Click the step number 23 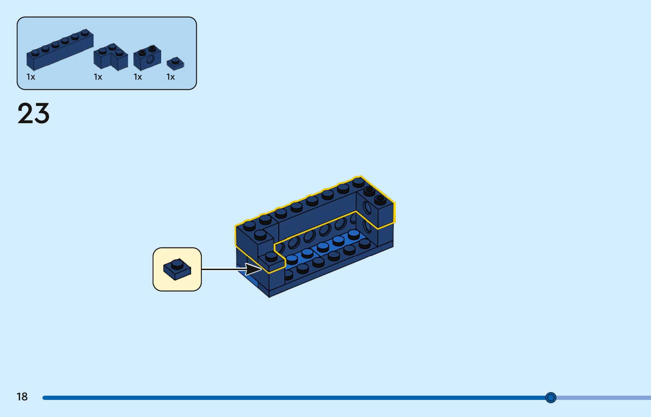[34, 113]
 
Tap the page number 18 [22, 397]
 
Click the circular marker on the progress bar [550, 398]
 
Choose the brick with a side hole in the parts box [147, 58]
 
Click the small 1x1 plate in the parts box [175, 64]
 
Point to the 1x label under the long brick [31, 77]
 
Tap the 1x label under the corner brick [98, 77]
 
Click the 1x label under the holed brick [138, 77]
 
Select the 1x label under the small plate [170, 77]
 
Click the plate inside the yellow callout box [177, 270]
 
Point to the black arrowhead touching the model [253, 269]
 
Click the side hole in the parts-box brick [151, 59]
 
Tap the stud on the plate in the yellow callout [177, 264]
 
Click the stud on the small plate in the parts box [175, 60]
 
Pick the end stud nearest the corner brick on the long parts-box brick [85, 32]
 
